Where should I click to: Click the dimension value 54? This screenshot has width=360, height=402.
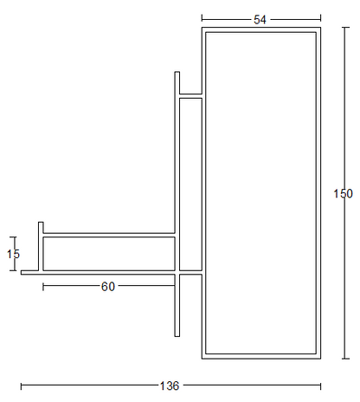tap(260, 20)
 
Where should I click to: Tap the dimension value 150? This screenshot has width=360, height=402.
tap(343, 193)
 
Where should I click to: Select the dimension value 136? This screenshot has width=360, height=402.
tap(170, 386)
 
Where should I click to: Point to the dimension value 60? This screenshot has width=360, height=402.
tap(108, 287)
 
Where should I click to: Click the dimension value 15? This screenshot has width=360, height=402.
tap(13, 254)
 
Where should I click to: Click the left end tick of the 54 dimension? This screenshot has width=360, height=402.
tap(202, 19)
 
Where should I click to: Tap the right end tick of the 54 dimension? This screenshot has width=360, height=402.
tap(320, 19)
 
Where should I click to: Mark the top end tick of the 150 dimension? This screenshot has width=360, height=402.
tap(345, 28)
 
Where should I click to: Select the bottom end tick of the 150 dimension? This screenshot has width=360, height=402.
tap(345, 359)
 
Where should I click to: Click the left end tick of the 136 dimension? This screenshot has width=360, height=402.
tap(21, 386)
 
